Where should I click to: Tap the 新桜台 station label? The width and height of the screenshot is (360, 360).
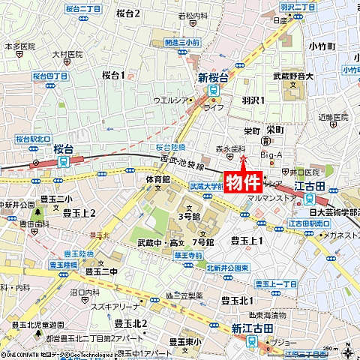click(212, 77)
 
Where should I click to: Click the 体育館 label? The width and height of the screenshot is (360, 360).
click(158, 180)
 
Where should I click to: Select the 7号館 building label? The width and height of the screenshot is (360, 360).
click(203, 242)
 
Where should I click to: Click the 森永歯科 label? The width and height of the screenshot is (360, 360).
click(231, 148)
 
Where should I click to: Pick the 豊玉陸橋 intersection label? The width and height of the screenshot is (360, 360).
click(64, 264)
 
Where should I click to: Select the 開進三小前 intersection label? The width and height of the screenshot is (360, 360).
click(181, 43)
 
